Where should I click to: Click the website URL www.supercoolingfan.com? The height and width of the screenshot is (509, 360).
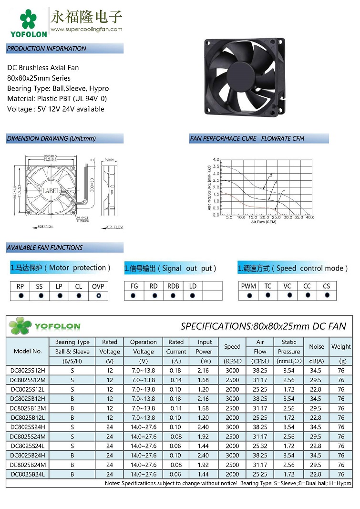[x=86, y=29]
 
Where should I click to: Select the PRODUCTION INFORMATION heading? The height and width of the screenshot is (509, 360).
[x=47, y=49]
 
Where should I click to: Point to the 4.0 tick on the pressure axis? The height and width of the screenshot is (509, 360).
[x=216, y=159]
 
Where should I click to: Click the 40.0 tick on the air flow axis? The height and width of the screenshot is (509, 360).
[x=310, y=218]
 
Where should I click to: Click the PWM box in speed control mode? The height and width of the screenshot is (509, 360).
[x=248, y=286]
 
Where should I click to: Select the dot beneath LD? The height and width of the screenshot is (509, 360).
[x=193, y=296]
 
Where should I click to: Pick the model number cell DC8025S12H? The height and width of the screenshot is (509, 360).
[x=28, y=370]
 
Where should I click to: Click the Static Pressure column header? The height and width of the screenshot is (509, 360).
[x=289, y=347]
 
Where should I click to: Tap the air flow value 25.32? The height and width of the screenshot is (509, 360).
[x=260, y=446]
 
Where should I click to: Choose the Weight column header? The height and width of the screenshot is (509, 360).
[x=341, y=347]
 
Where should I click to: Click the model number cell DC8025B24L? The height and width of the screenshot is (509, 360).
[x=28, y=474]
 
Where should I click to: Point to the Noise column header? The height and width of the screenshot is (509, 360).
[x=316, y=347]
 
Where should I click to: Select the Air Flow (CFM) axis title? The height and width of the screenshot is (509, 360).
[x=264, y=222]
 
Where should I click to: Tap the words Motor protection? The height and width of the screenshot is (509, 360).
[x=79, y=268]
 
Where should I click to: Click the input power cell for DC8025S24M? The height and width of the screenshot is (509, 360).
[x=205, y=436]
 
